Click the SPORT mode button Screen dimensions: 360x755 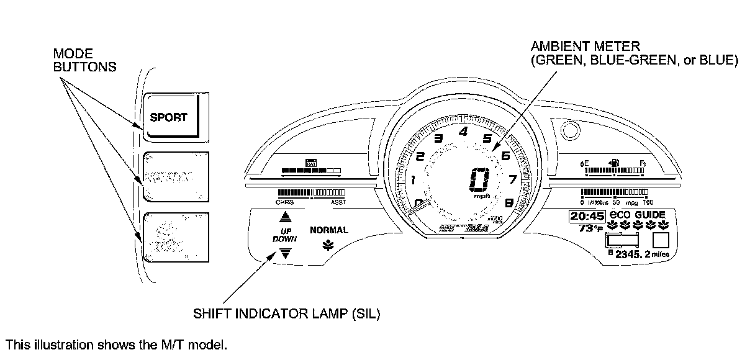(x=169, y=117)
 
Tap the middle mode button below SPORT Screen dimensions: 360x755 (x=169, y=176)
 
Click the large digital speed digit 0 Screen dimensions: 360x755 (x=480, y=181)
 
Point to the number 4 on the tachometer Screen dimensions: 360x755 (x=463, y=131)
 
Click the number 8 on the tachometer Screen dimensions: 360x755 (x=509, y=202)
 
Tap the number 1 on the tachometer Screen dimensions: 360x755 (x=412, y=180)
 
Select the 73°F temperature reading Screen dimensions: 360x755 (x=590, y=228)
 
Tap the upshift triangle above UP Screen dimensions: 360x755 (x=285, y=216)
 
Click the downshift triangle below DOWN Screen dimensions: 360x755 (x=285, y=252)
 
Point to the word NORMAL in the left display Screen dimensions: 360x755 (x=328, y=230)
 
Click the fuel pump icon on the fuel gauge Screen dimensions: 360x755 (x=613, y=163)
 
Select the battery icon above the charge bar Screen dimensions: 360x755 (x=311, y=163)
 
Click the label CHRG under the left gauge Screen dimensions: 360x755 (x=284, y=202)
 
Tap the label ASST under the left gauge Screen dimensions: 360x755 (x=338, y=202)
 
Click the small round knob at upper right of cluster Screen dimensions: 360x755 (x=568, y=130)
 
